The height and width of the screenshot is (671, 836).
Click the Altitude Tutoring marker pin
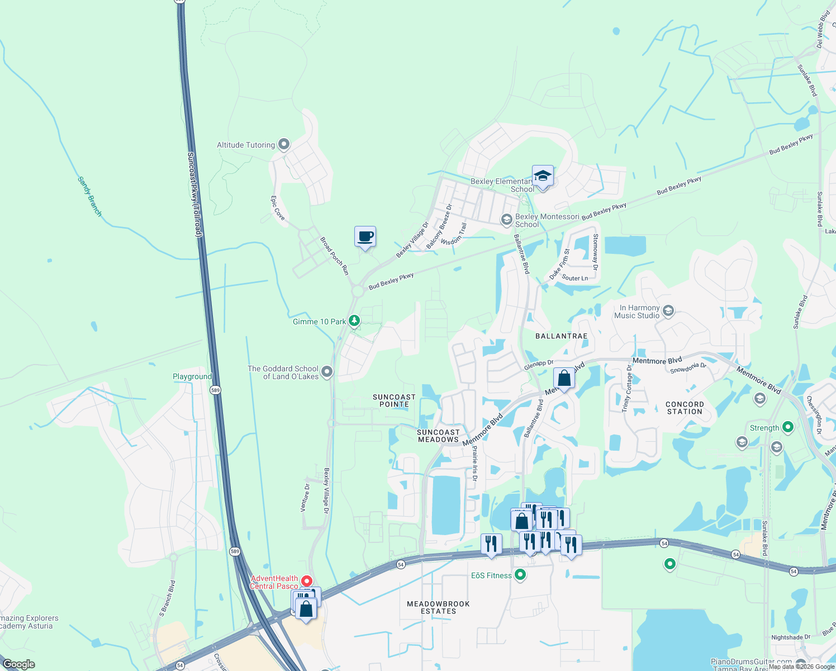tap(284, 145)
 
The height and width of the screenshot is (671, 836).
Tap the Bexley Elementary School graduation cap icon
tap(543, 176)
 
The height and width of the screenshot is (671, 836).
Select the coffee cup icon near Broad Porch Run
tap(365, 237)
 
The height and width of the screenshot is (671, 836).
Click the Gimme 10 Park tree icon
tap(354, 321)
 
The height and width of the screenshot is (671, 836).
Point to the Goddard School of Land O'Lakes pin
tap(327, 371)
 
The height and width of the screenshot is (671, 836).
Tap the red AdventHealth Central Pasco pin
tap(306, 581)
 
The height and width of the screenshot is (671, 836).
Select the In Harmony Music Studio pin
tap(668, 311)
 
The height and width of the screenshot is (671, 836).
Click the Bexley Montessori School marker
tap(507, 219)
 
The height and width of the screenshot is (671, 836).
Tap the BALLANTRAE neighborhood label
tap(561, 336)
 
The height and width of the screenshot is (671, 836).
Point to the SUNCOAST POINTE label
tap(394, 400)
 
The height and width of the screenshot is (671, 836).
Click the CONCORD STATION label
tap(685, 408)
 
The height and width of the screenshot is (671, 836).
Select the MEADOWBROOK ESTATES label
tap(438, 607)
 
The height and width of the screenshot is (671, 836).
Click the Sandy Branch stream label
tap(89, 196)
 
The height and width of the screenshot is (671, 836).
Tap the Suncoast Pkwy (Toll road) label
tap(194, 194)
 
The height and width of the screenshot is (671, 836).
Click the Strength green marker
tap(788, 428)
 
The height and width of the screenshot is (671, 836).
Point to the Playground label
tap(192, 377)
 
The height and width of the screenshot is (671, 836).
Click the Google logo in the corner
tap(19, 664)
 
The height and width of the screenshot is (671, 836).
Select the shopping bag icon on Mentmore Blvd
tap(564, 379)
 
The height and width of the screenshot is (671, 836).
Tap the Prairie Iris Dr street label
tap(475, 463)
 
